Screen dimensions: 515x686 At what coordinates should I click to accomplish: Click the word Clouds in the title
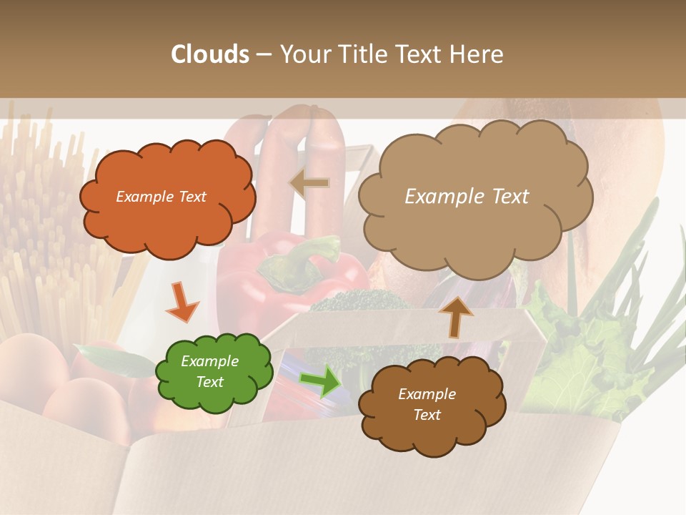point(210,54)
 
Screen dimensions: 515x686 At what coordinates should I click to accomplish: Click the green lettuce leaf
point(579,350)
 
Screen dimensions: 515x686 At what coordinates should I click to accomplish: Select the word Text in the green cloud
point(210,382)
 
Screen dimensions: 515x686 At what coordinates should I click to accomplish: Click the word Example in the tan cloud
point(438,197)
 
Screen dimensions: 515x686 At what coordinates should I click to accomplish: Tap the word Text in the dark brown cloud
point(427,415)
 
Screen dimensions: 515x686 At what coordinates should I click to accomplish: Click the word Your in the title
point(301,54)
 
